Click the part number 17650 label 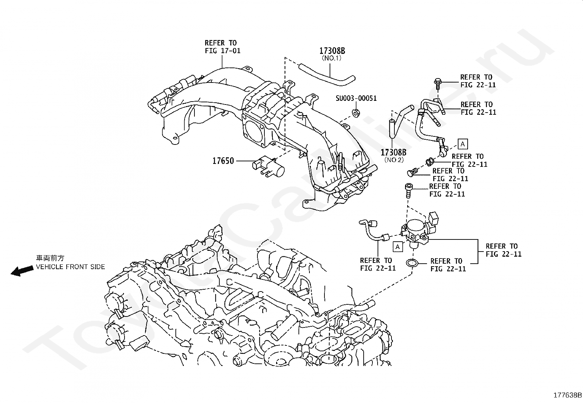[223, 161]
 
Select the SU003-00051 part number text [356, 98]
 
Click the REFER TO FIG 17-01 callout [223, 47]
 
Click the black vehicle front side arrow [22, 271]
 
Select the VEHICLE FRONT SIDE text [71, 267]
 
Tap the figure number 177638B [567, 395]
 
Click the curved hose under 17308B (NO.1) [327, 75]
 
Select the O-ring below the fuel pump [412, 263]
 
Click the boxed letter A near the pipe [463, 144]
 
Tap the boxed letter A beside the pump [397, 246]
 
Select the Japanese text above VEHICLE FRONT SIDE [50, 258]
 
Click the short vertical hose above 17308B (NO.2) [392, 128]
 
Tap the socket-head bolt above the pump [408, 191]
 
